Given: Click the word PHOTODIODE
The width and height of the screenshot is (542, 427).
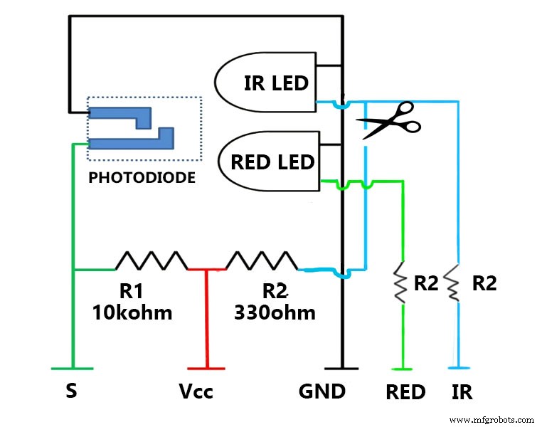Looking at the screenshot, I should [x=142, y=178].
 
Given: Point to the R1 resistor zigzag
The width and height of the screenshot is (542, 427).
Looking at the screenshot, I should [x=151, y=260].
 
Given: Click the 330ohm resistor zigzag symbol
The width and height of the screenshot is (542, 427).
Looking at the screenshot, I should [x=261, y=260].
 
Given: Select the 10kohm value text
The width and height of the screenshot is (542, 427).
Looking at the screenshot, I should [x=132, y=312].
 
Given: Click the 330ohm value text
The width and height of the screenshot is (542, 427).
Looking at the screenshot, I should [x=275, y=312].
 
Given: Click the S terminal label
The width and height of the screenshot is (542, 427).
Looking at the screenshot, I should [x=72, y=391].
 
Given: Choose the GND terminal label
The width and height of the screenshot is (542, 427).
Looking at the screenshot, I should [x=323, y=391].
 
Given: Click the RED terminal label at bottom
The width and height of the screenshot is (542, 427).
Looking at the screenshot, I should [x=405, y=391].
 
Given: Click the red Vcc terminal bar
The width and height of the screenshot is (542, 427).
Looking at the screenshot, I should [x=206, y=369].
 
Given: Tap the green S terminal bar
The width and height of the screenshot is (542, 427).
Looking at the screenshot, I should [x=72, y=369].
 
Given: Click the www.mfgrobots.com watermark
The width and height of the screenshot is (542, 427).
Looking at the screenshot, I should [x=491, y=419].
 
